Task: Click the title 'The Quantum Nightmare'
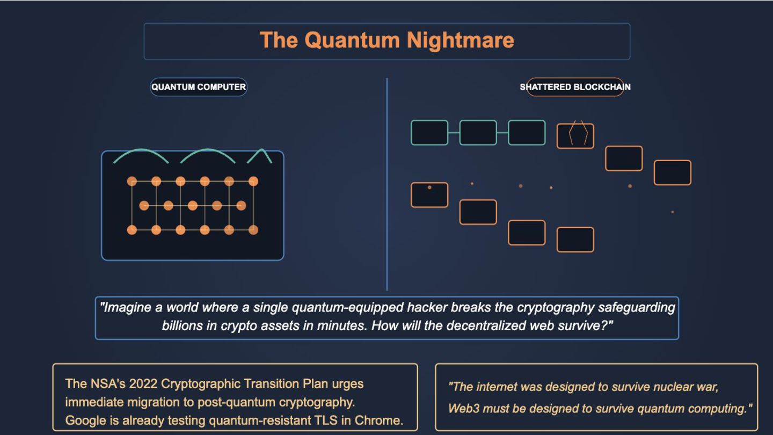coord(386,40)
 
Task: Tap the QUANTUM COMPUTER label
coord(198,87)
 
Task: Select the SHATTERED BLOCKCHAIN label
coord(575,87)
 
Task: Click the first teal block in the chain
coord(429,133)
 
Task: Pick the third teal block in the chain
coord(527,133)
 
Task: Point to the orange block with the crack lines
coord(575,136)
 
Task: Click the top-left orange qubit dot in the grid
coord(132,182)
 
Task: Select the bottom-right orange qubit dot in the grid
coord(253,230)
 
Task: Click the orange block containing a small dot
coord(429,195)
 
